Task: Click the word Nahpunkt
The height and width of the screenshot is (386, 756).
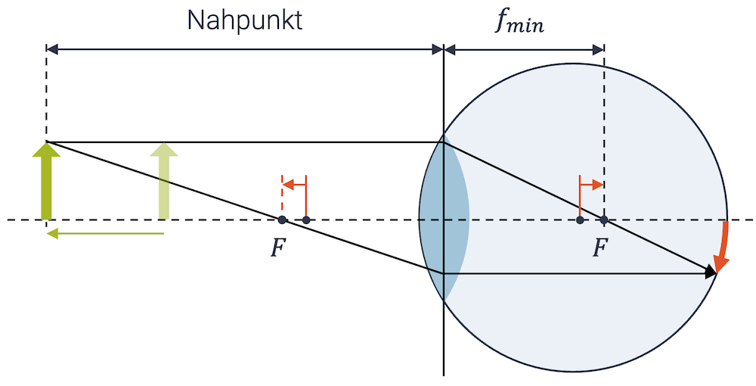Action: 244,20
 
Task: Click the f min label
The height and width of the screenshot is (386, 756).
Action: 519,22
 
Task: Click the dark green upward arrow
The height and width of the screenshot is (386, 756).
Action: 47,182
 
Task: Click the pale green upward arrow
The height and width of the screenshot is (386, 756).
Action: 164,182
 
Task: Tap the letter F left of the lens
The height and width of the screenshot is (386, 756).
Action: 280,247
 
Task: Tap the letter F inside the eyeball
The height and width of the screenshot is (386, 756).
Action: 601,247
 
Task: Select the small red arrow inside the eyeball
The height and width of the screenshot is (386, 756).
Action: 591,184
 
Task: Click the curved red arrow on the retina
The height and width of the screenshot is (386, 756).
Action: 723,247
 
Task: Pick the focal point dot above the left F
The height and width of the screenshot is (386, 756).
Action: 282,220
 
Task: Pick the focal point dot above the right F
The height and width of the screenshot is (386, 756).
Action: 603,220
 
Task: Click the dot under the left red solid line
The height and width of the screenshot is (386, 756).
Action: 306,220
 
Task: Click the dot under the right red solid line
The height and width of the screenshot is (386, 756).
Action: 580,220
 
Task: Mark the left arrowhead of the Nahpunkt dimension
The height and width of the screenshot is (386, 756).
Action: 52,49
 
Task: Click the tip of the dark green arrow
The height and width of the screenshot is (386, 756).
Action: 47,145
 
